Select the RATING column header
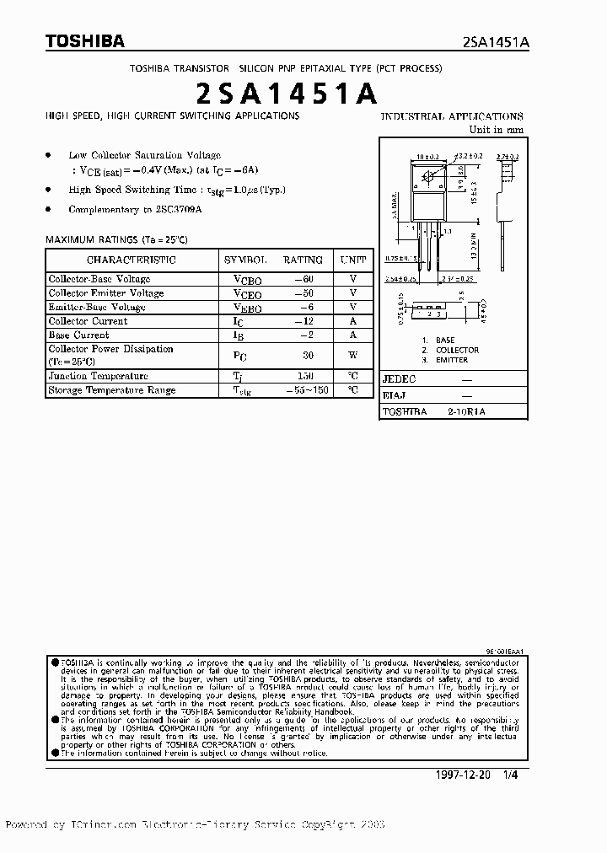[x=303, y=260]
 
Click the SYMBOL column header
[x=246, y=260]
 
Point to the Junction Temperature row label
[x=98, y=376]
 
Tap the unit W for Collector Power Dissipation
[x=353, y=355]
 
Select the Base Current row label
[x=78, y=335]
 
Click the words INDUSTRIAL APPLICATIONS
[x=452, y=116]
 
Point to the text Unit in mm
[x=497, y=130]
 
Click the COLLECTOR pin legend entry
[x=457, y=350]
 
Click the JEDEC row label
[x=399, y=379]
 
